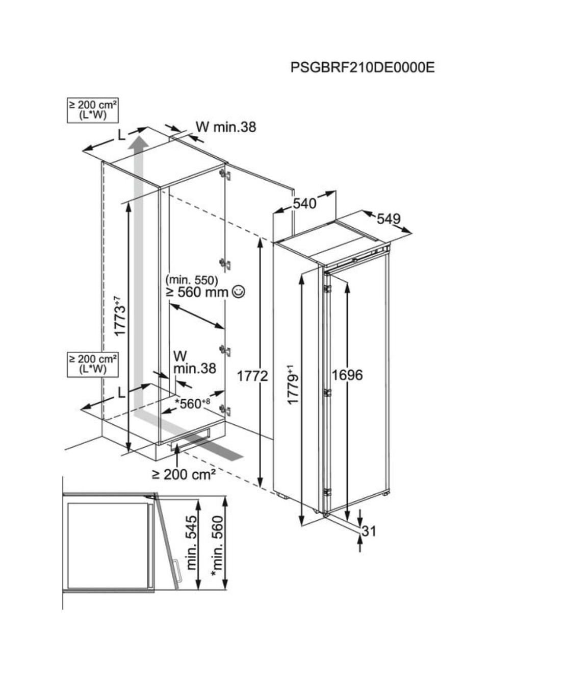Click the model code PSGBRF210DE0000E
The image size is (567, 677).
(363, 67)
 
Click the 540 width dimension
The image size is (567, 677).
(304, 204)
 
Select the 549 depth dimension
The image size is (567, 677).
(389, 219)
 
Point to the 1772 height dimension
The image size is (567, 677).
(252, 376)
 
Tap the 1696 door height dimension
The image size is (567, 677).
(347, 375)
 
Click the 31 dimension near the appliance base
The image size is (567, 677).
(369, 531)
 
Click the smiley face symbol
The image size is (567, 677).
(238, 292)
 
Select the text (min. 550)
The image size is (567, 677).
(192, 280)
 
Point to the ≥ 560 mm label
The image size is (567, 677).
(197, 293)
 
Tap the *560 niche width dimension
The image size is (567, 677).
(192, 403)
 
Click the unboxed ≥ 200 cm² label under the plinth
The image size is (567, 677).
(184, 474)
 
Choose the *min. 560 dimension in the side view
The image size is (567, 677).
(218, 547)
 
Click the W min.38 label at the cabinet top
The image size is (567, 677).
(225, 127)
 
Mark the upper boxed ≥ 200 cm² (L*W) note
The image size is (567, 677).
(92, 110)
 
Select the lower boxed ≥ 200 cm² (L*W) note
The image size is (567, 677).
(92, 364)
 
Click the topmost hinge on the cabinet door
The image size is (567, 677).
(225, 175)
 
